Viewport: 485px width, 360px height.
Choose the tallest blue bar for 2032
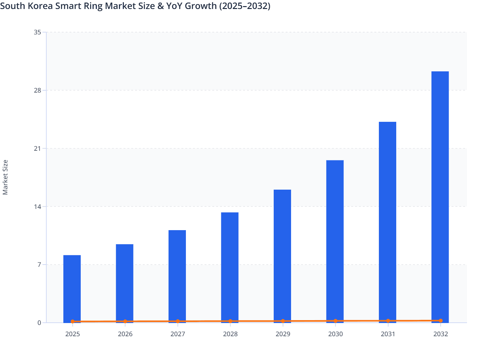(x=440, y=196)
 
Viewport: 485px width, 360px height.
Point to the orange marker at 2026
(x=125, y=321)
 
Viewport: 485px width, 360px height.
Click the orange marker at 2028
(x=230, y=321)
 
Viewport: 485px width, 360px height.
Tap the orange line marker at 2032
(x=441, y=320)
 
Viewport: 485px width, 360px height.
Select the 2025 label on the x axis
(x=72, y=334)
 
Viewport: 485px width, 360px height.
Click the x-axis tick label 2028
(x=230, y=334)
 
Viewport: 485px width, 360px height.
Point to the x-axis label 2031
(x=388, y=334)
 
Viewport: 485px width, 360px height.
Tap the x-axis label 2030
(x=335, y=334)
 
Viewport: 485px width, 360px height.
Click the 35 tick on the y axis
(x=37, y=32)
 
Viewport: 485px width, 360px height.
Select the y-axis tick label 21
(x=37, y=148)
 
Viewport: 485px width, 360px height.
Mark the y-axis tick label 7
(x=39, y=265)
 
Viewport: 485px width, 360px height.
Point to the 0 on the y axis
(x=39, y=323)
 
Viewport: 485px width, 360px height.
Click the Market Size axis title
(x=5, y=177)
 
